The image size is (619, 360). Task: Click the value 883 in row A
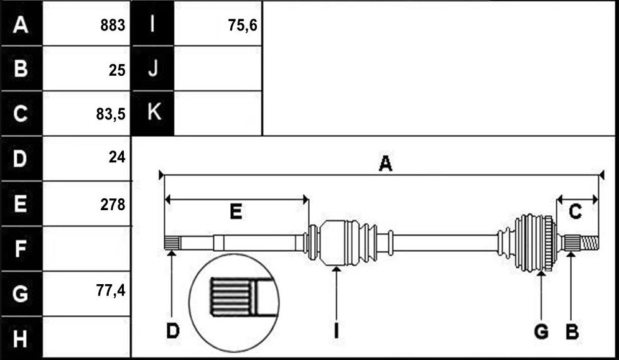pyautogui.click(x=113, y=25)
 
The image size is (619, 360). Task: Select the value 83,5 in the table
pyautogui.click(x=111, y=114)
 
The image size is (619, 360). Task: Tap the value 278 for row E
pyautogui.click(x=113, y=205)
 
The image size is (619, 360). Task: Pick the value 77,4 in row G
pyautogui.click(x=111, y=291)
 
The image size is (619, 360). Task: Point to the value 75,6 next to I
pyautogui.click(x=243, y=25)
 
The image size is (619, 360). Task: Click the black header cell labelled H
pyautogui.click(x=21, y=338)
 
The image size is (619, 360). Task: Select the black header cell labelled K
pyautogui.click(x=153, y=113)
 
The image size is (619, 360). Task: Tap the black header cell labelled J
pyautogui.click(x=153, y=68)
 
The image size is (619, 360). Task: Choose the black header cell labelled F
pyautogui.click(x=21, y=248)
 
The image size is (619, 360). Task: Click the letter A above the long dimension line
pyautogui.click(x=385, y=164)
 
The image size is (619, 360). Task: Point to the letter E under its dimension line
pyautogui.click(x=236, y=212)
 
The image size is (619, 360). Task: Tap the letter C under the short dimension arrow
pyautogui.click(x=575, y=212)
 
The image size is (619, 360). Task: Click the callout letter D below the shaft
pyautogui.click(x=172, y=331)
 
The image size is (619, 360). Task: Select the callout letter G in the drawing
pyautogui.click(x=541, y=331)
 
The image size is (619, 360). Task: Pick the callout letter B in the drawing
pyautogui.click(x=572, y=331)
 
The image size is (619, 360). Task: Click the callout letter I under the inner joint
pyautogui.click(x=336, y=331)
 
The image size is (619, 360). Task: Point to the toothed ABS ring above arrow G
pyautogui.click(x=547, y=243)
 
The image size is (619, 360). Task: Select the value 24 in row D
pyautogui.click(x=117, y=158)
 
